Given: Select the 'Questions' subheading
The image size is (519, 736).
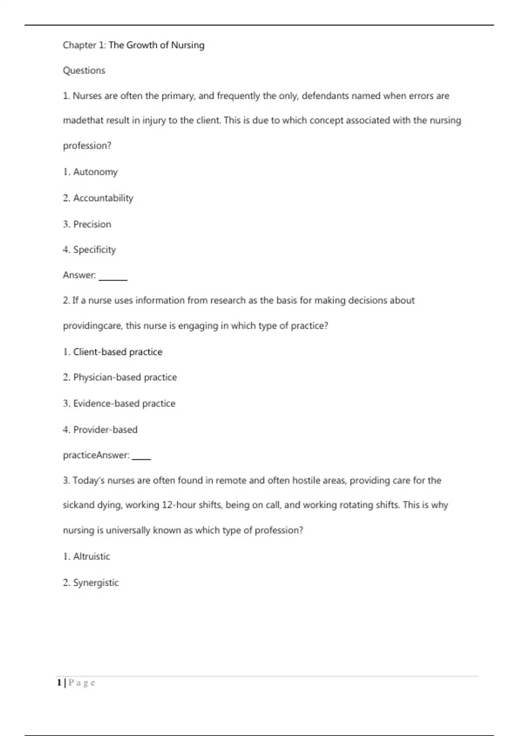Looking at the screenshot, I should click(84, 71).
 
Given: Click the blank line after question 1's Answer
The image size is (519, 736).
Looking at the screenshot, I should click(113, 279).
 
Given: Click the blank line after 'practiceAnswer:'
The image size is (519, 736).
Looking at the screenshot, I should click(141, 458).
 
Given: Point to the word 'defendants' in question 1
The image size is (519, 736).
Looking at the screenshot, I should click(325, 96).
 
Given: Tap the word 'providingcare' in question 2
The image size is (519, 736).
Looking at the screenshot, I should click(92, 326).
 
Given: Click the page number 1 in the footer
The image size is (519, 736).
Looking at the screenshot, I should click(59, 683).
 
